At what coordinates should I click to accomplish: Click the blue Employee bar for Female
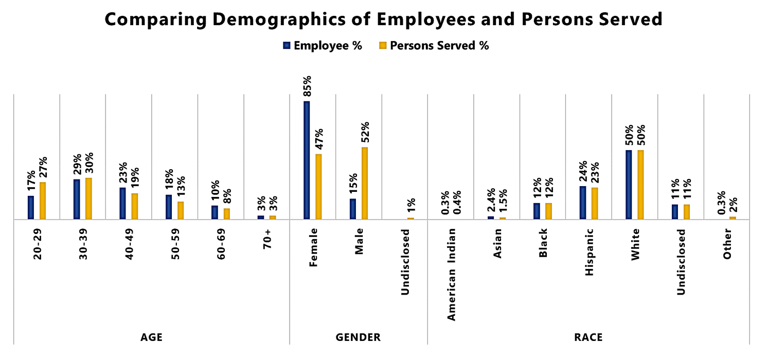pyautogui.click(x=307, y=160)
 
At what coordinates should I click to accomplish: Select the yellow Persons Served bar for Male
pyautogui.click(x=365, y=183)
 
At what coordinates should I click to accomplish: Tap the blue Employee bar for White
pyautogui.click(x=629, y=185)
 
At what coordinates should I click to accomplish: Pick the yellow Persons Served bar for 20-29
pyautogui.click(x=43, y=201)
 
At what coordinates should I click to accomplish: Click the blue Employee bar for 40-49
pyautogui.click(x=122, y=203)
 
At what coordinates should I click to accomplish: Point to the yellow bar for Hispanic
pyautogui.click(x=594, y=203)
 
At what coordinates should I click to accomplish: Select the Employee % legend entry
pyautogui.click(x=323, y=45)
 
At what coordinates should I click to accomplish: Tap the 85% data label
pyautogui.click(x=307, y=86)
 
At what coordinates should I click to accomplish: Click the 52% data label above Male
pyautogui.click(x=365, y=133)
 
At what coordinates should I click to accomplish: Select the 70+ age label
pyautogui.click(x=269, y=239)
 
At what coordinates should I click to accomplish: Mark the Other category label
pyautogui.click(x=727, y=244)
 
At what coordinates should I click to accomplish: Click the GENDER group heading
pyautogui.click(x=358, y=338)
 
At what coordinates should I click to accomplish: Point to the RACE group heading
pyautogui.click(x=588, y=338)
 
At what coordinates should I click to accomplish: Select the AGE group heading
pyautogui.click(x=152, y=338)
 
